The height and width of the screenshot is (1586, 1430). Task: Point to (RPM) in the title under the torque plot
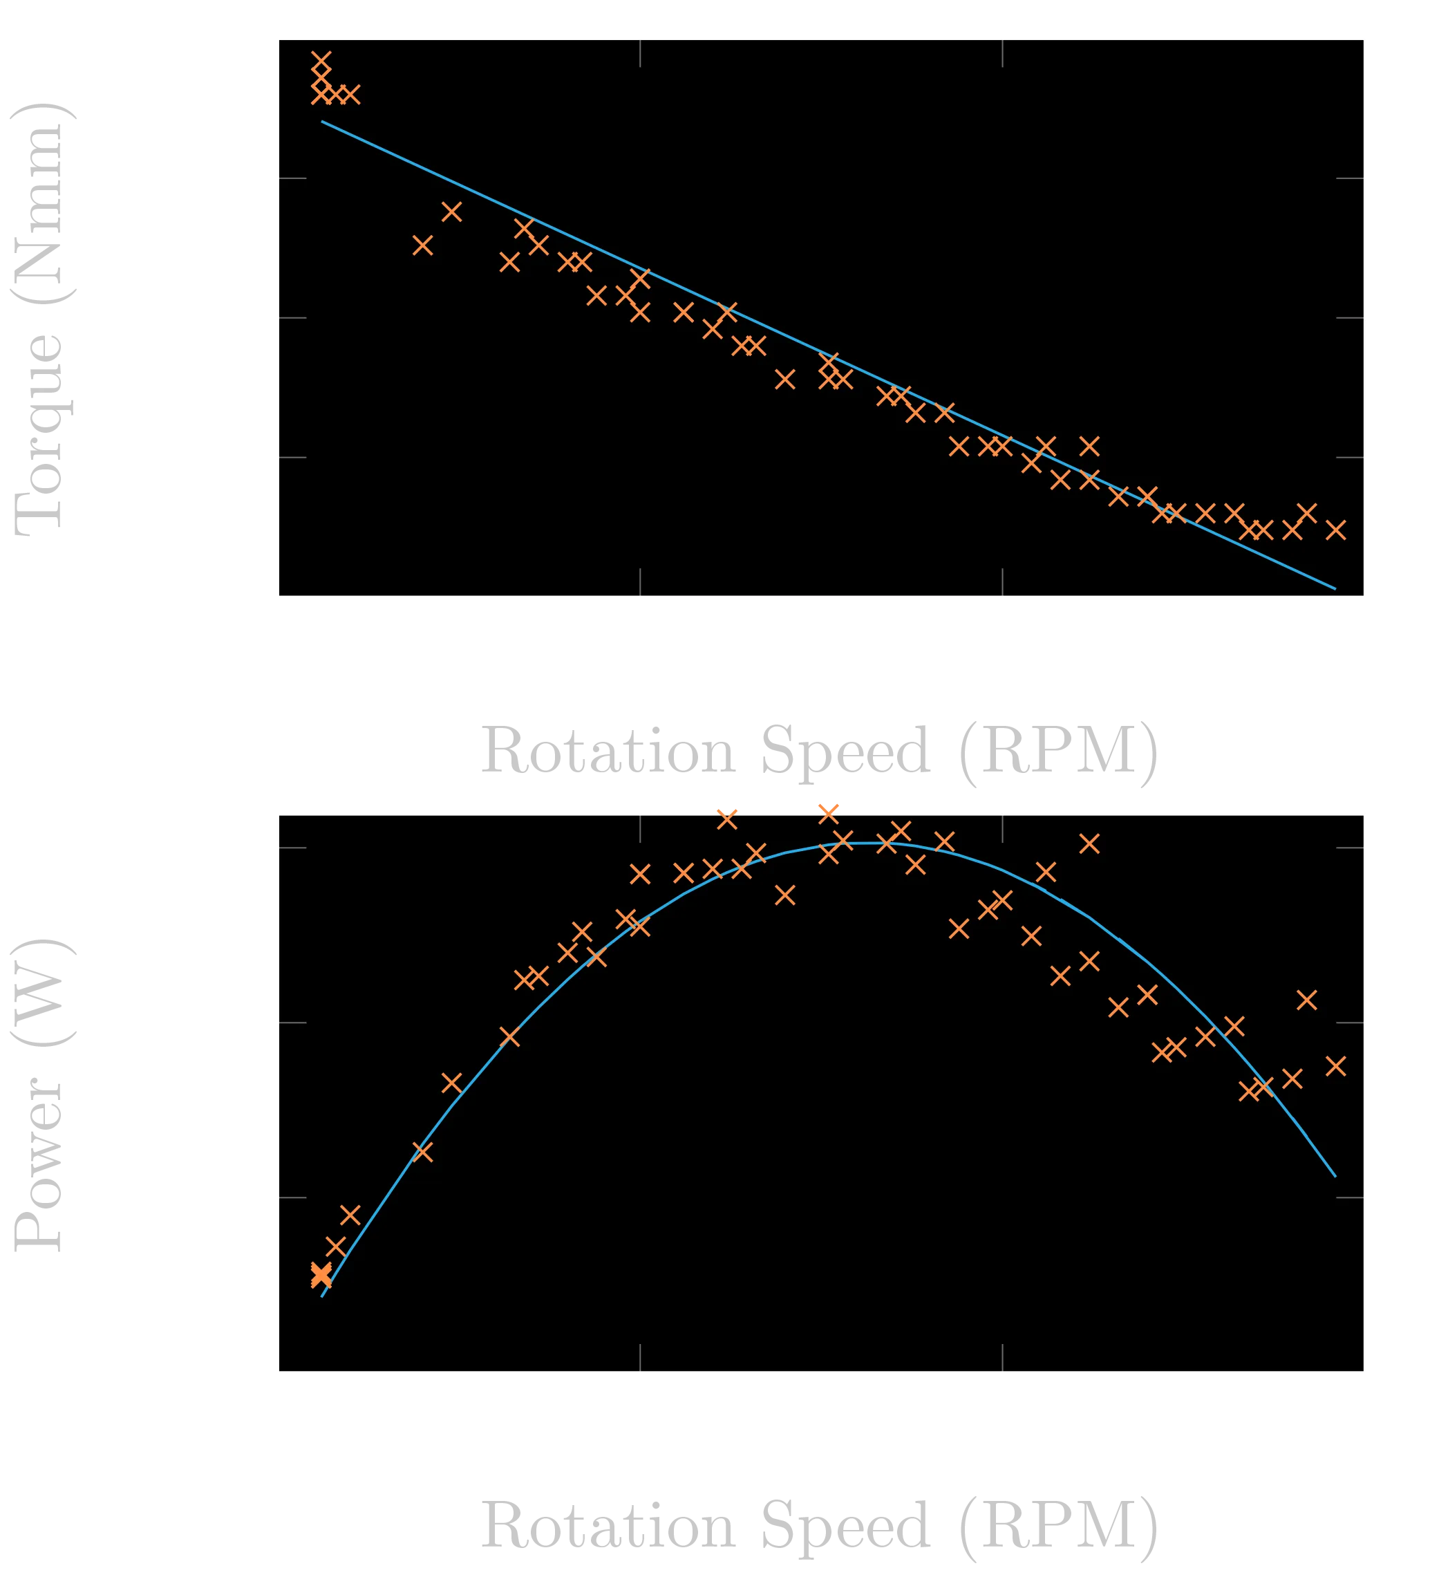click(1058, 752)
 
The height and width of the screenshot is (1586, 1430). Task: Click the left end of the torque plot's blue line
click(322, 121)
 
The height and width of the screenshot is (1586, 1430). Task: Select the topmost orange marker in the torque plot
click(321, 62)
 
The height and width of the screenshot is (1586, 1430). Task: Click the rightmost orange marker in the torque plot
click(1336, 530)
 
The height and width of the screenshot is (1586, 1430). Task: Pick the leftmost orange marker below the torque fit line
click(423, 246)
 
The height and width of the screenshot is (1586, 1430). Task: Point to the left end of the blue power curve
click(322, 1296)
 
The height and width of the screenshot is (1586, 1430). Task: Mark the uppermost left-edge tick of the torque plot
click(292, 178)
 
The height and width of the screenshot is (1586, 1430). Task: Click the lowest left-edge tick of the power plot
click(292, 1197)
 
